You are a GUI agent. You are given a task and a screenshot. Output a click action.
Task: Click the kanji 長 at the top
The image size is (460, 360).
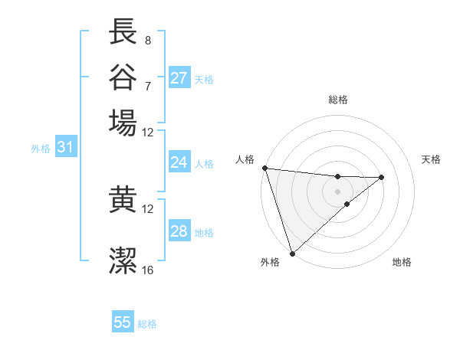pos(123,31)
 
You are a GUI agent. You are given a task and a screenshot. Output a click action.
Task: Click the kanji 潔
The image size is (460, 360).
pos(123,260)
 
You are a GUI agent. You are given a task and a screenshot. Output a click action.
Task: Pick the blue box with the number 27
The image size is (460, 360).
pos(179,78)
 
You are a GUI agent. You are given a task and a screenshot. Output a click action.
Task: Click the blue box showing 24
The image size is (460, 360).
pos(179,162)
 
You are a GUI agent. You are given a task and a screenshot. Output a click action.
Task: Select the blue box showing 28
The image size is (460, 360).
pos(179,231)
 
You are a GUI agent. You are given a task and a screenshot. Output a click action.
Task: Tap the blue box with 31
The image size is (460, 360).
pos(65,147)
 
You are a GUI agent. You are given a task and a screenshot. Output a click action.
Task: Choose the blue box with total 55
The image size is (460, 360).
pos(123,322)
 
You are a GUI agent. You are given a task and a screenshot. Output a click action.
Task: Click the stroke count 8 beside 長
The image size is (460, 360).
pos(147,40)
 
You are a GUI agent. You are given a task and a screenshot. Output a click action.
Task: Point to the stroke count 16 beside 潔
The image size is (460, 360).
pos(148,270)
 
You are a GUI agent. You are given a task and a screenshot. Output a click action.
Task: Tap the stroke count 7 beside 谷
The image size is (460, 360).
pos(147,85)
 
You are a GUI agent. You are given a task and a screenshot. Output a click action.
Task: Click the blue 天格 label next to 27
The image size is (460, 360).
pos(204,79)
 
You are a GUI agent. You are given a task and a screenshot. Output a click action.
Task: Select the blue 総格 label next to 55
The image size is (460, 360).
pos(147,324)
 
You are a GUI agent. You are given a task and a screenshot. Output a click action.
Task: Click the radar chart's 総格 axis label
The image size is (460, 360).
pos(338,100)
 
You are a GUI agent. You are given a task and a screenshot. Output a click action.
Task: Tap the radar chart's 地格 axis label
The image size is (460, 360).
pos(402,262)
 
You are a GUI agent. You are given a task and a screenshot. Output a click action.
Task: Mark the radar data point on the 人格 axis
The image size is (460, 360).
pos(264,168)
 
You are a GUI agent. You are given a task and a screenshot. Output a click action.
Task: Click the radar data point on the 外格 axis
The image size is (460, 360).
pos(292,253)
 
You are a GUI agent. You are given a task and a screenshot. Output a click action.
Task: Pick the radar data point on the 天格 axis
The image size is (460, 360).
pos(382,177)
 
